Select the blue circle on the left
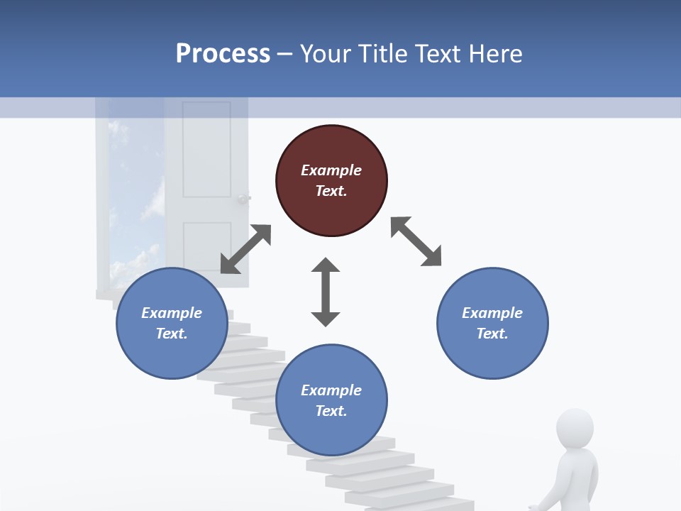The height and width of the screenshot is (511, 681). tap(172, 323)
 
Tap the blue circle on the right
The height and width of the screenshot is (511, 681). tap(492, 323)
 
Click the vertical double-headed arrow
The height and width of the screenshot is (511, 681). tap(326, 292)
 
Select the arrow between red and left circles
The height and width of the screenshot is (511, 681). tap(245, 249)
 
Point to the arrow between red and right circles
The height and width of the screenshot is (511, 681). tap(416, 241)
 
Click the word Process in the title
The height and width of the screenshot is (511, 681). tap(223, 53)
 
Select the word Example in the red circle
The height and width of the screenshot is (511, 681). tap(331, 170)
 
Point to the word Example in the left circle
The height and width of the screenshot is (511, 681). tap(172, 313)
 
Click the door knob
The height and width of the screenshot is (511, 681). tap(244, 199)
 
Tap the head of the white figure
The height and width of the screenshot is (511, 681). tap(575, 427)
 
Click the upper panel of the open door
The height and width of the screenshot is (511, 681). tap(206, 149)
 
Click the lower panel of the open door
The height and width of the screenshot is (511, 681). tap(206, 245)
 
